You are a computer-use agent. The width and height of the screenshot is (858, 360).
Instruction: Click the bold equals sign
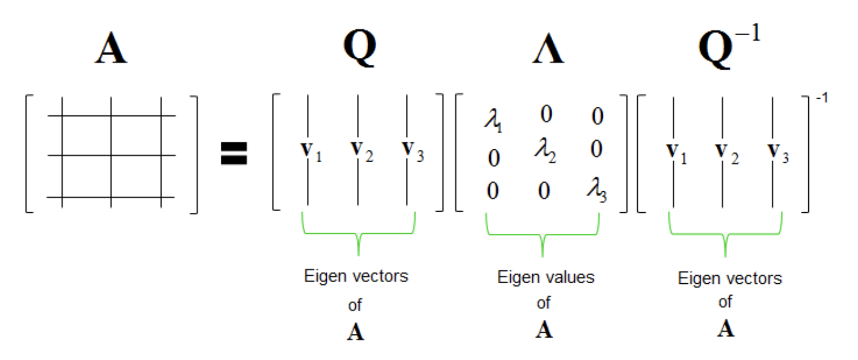tap(234, 153)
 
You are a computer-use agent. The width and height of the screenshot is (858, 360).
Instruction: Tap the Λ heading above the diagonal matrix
tap(548, 49)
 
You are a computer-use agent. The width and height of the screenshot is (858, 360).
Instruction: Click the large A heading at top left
tap(111, 49)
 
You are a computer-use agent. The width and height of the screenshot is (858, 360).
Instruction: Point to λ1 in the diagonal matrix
tap(493, 121)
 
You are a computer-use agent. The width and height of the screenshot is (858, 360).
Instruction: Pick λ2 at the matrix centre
tap(545, 150)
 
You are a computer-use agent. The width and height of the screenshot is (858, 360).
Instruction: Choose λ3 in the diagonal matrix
tap(596, 191)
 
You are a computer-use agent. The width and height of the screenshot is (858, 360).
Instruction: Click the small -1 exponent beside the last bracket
tap(822, 97)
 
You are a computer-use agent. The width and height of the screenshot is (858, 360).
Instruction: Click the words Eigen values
tap(546, 277)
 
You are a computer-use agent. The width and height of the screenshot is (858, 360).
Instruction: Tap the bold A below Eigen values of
tap(544, 330)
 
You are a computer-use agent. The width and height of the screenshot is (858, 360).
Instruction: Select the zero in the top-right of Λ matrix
tap(597, 116)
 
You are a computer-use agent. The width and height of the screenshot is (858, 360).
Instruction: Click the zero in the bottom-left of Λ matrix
tap(492, 191)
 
